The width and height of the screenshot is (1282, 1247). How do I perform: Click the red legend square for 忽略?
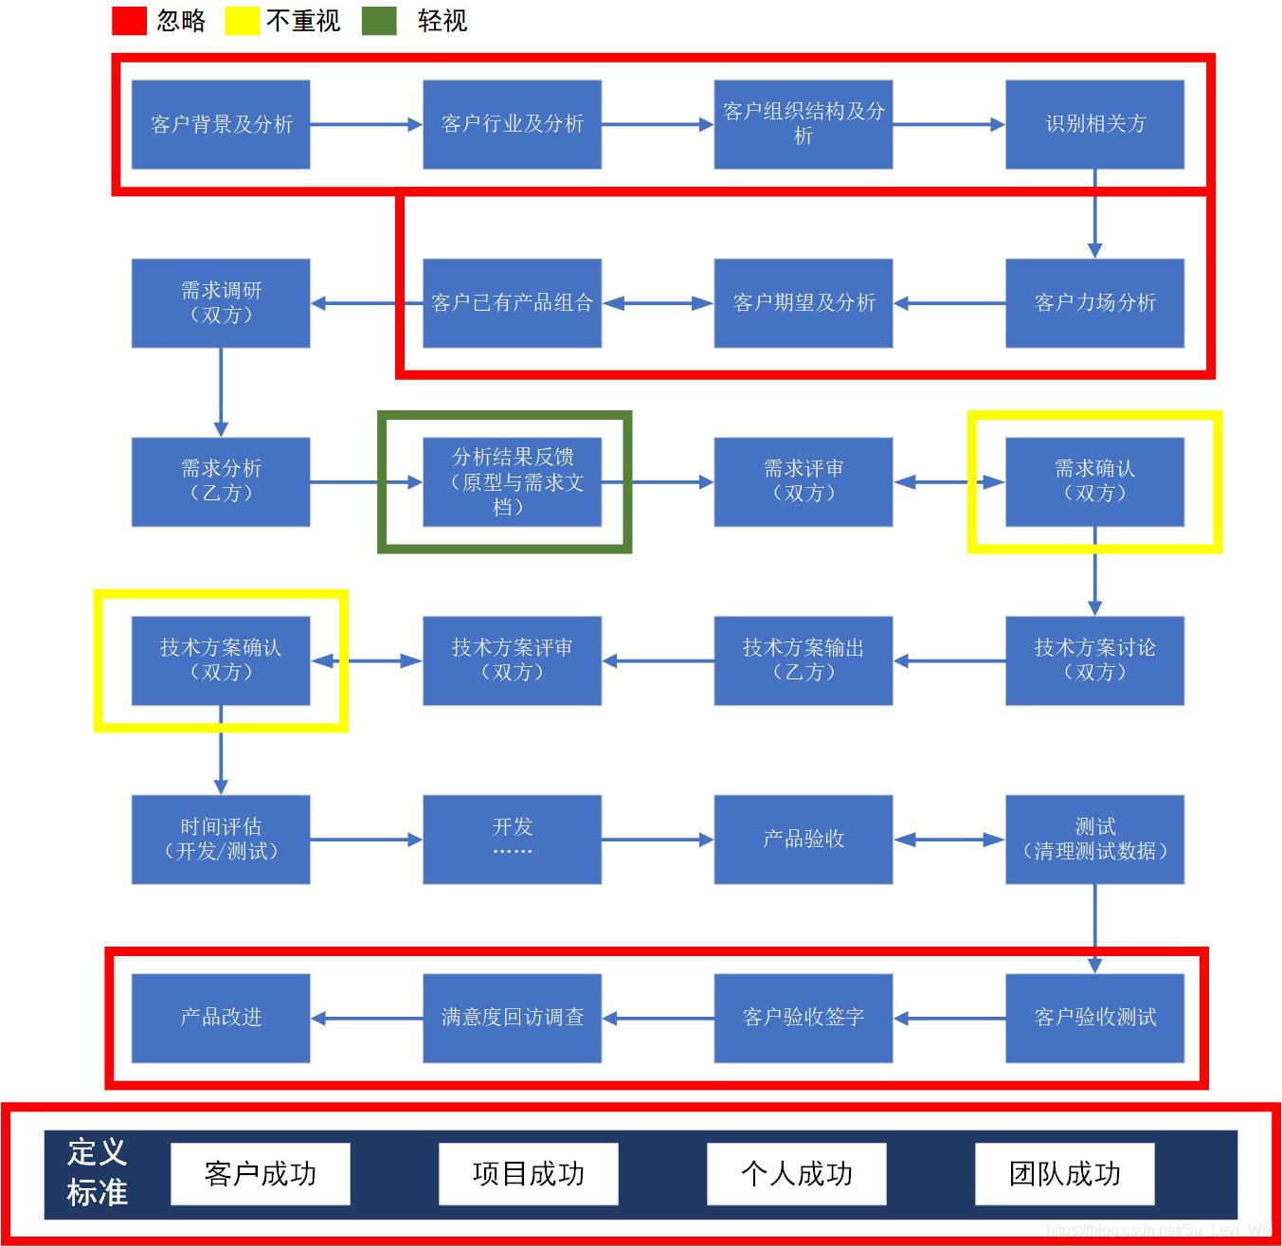129,21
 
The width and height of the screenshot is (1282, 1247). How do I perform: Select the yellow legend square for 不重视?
242,21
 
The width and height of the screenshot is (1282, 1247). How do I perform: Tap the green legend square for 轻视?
379,21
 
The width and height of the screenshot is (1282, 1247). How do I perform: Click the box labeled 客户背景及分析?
221,124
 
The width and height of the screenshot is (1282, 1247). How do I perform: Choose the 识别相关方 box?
1094,124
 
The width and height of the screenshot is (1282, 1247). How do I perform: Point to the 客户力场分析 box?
1094,303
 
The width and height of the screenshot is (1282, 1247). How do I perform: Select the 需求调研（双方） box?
221,303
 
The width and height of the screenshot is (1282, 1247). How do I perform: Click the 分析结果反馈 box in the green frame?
512,481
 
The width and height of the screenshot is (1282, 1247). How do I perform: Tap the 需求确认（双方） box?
1094,481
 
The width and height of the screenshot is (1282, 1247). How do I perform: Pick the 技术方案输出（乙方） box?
804,660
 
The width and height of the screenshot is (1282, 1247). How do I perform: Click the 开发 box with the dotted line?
512,839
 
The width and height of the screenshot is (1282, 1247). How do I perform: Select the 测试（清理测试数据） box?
1094,839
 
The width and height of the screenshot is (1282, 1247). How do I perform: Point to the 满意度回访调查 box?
512,1018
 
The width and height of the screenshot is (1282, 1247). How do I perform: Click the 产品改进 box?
221,1018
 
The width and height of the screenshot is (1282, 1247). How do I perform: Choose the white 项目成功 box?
529,1174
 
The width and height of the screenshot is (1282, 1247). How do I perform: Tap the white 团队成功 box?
1065,1174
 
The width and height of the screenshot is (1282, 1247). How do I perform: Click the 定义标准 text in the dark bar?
98,1172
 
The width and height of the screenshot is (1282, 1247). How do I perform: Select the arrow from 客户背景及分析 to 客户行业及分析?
366,124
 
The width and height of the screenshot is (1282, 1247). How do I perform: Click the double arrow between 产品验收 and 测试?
948,840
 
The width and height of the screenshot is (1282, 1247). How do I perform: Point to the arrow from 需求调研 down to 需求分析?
221,391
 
